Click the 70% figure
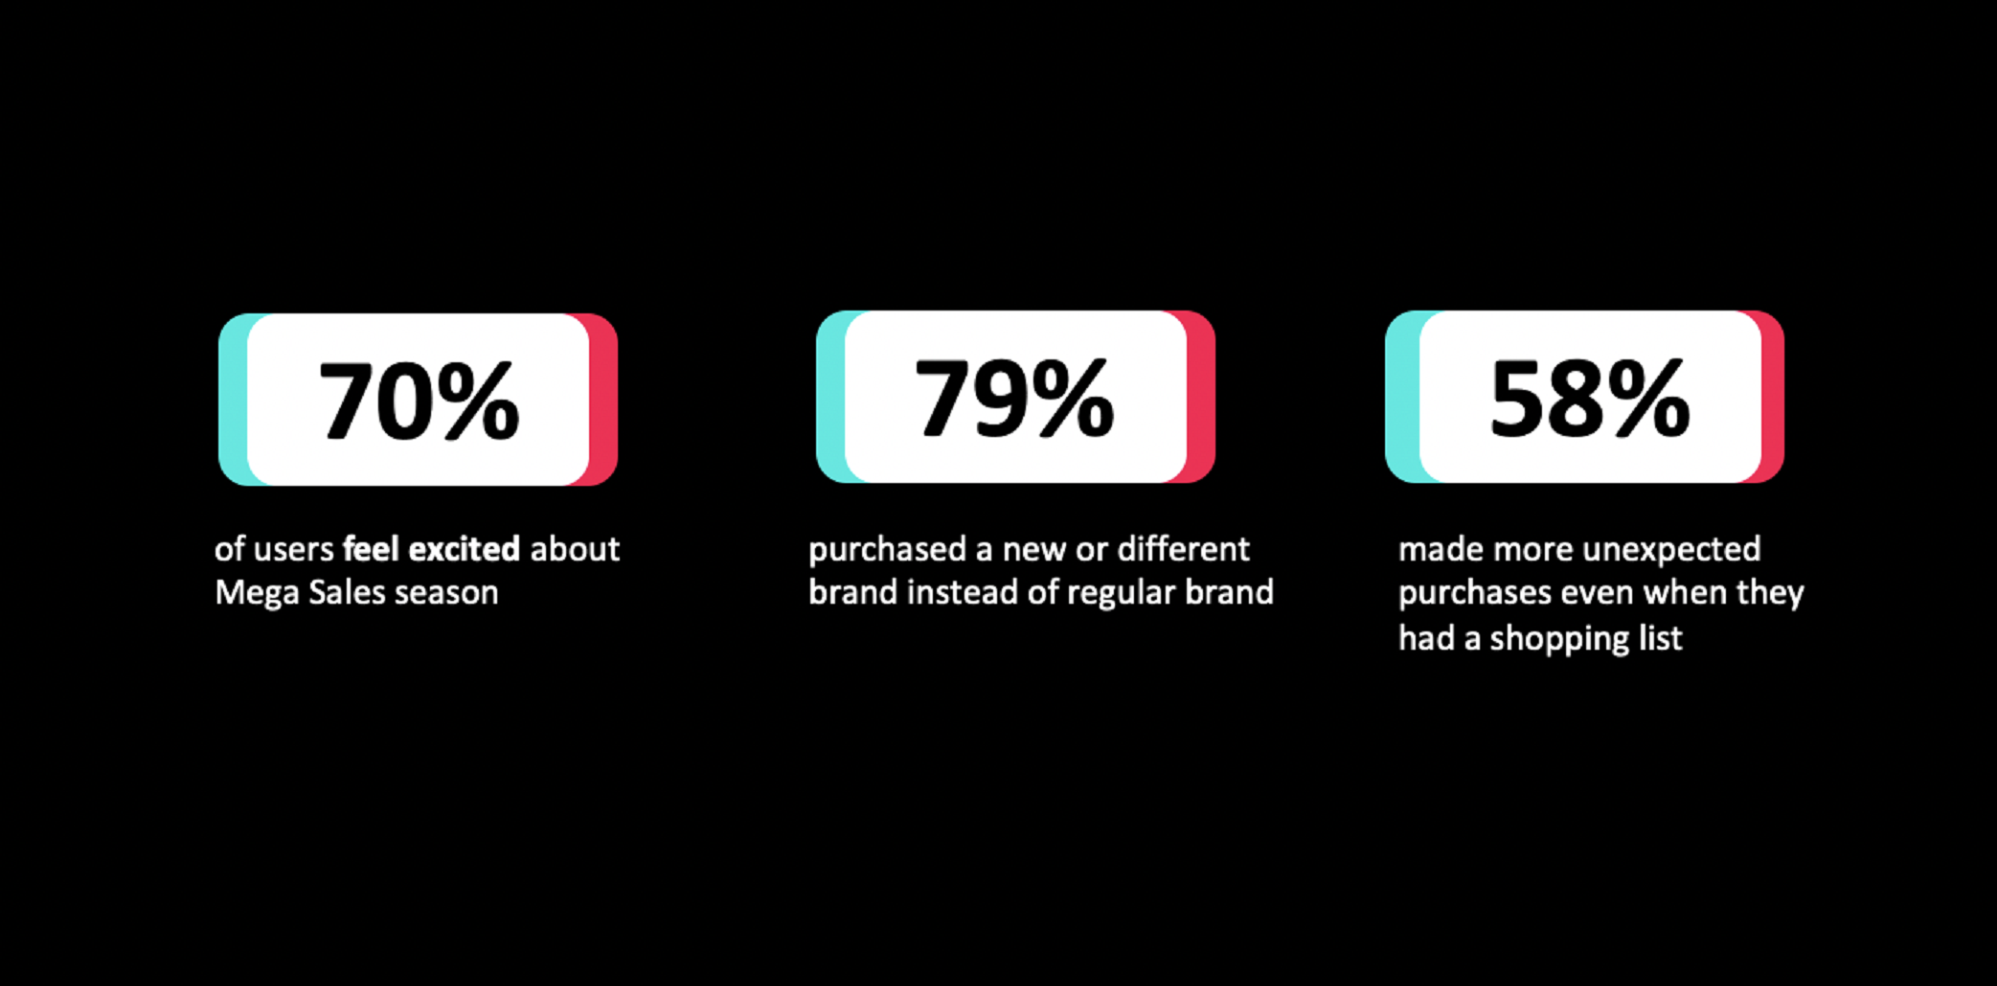tap(419, 401)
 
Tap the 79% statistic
tap(1014, 399)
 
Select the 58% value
tap(1590, 399)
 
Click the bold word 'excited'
tap(465, 549)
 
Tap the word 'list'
tap(1664, 637)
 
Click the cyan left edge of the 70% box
tap(234, 400)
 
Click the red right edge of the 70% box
tap(603, 400)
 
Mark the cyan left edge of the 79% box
tap(831, 397)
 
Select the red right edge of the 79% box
tap(1201, 397)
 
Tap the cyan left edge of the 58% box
tap(1402, 397)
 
